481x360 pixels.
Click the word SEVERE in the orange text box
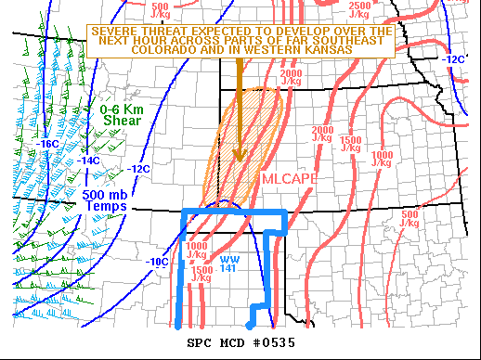coord(114,31)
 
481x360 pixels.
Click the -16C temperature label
coord(48,144)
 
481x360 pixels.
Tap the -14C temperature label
coord(88,160)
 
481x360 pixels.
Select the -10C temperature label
coord(157,262)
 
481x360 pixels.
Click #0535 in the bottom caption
coord(275,343)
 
